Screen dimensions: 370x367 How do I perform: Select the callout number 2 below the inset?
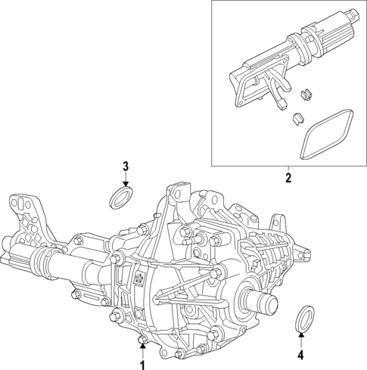(287, 179)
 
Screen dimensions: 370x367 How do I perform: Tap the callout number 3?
(126, 166)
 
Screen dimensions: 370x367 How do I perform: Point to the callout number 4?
(300, 353)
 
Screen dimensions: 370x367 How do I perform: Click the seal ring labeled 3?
(119, 198)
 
